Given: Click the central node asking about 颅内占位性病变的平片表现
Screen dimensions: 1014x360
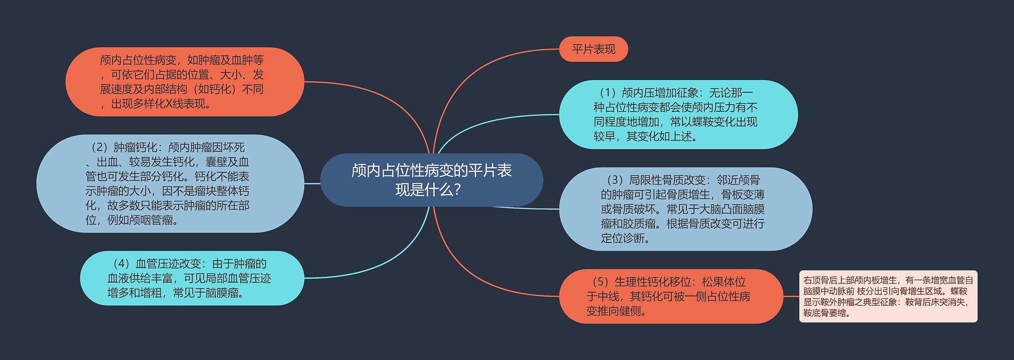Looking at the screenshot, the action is [x=431, y=180].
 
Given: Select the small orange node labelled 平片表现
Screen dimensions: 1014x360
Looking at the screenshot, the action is [x=593, y=49].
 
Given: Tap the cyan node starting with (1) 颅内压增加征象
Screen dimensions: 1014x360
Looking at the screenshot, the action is [x=678, y=114].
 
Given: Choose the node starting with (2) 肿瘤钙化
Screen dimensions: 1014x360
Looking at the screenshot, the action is [x=170, y=183].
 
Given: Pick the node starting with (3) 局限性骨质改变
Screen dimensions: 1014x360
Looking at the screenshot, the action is [x=686, y=209].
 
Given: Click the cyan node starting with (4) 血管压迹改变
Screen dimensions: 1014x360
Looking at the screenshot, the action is [x=192, y=278].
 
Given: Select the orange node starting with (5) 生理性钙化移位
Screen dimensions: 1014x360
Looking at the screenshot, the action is [x=671, y=296].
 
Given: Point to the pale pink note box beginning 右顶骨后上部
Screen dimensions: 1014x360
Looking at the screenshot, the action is [x=888, y=296].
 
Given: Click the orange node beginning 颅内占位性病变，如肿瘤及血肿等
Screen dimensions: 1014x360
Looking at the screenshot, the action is [x=185, y=82].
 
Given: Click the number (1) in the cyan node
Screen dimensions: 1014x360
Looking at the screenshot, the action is [x=606, y=93].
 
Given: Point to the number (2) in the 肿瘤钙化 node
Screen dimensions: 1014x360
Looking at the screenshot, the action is [x=99, y=147].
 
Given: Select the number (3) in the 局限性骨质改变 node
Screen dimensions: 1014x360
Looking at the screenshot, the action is [x=614, y=180].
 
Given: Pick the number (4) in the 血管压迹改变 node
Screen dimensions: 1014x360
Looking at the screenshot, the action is [x=121, y=264].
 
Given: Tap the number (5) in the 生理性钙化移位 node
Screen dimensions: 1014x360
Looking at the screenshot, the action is [x=600, y=282].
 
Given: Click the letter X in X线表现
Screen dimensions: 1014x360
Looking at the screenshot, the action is [x=168, y=104].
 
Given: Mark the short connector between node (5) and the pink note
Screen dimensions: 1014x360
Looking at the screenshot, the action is [x=791, y=296].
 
